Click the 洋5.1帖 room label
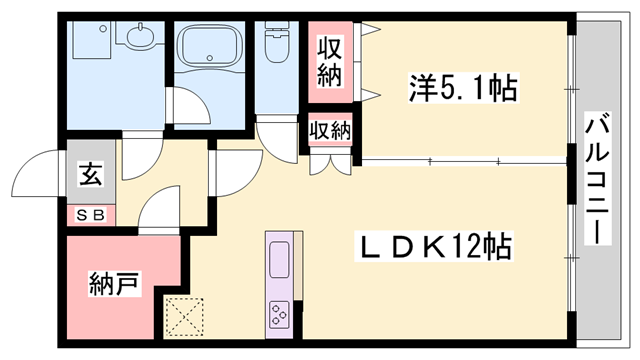(462, 90)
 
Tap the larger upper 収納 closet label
(331, 61)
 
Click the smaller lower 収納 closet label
(329, 129)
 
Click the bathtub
(209, 48)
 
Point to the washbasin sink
(139, 39)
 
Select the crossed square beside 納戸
(183, 319)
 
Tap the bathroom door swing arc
(186, 105)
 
